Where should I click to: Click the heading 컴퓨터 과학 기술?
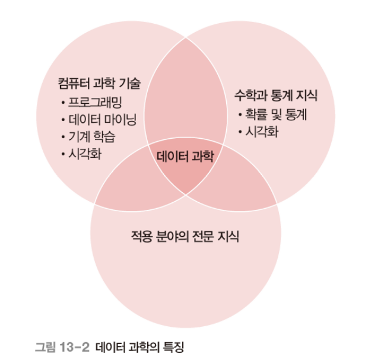pyautogui.click(x=96, y=84)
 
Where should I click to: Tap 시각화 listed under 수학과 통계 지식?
pyautogui.click(x=262, y=131)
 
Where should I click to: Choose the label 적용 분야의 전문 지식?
pyautogui.click(x=185, y=237)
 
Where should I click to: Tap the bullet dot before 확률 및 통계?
pyautogui.click(x=239, y=115)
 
